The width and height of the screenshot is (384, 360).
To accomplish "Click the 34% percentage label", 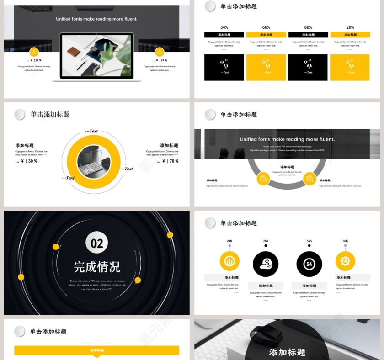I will pyautogui.click(x=224, y=27).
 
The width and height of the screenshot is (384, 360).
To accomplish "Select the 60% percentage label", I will pyautogui.click(x=266, y=27).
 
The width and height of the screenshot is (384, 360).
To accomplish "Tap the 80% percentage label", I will pyautogui.click(x=308, y=27).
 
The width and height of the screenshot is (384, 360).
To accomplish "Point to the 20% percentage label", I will pyautogui.click(x=350, y=27).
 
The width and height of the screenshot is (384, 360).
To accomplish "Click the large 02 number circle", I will pyautogui.click(x=97, y=243).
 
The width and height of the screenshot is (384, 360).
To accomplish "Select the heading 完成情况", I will pyautogui.click(x=97, y=266).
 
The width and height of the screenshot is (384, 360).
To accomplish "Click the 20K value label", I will pyautogui.click(x=229, y=241).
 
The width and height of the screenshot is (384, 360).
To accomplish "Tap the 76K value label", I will pyautogui.click(x=266, y=241).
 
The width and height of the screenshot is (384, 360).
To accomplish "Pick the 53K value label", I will pyautogui.click(x=309, y=241).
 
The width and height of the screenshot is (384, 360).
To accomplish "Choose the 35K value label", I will pyautogui.click(x=345, y=241).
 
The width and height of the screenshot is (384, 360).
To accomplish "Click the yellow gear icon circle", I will pyautogui.click(x=345, y=261).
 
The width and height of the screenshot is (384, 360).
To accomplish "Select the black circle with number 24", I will pyautogui.click(x=309, y=264).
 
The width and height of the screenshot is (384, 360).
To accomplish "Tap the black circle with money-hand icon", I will pyautogui.click(x=266, y=264).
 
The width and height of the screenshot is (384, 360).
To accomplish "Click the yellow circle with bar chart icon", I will pyautogui.click(x=229, y=261).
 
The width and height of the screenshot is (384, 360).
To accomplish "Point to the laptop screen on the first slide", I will pyautogui.click(x=96, y=55).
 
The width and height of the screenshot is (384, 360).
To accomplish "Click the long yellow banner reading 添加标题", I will pyautogui.click(x=96, y=350).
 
